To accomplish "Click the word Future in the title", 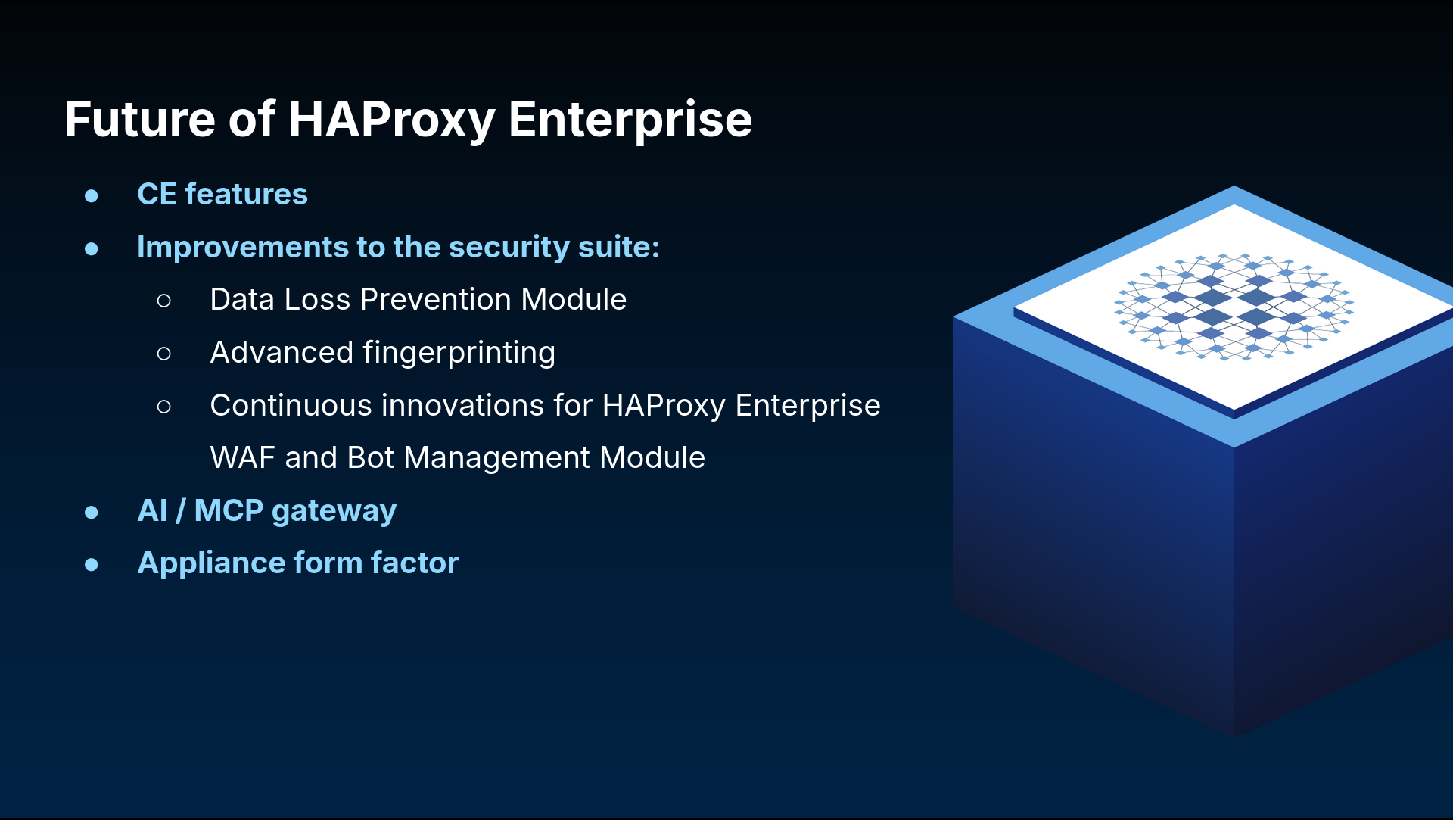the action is tap(140, 119).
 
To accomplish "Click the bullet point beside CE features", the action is tap(92, 196).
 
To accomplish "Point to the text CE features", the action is tap(222, 194).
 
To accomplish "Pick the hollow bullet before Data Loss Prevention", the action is tap(164, 301).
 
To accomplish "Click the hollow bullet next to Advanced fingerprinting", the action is tap(164, 354).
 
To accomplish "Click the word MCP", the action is tap(229, 510).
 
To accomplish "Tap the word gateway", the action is tap(334, 513).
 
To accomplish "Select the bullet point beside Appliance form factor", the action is tap(92, 565).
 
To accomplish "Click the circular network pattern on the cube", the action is tap(1234, 306).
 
